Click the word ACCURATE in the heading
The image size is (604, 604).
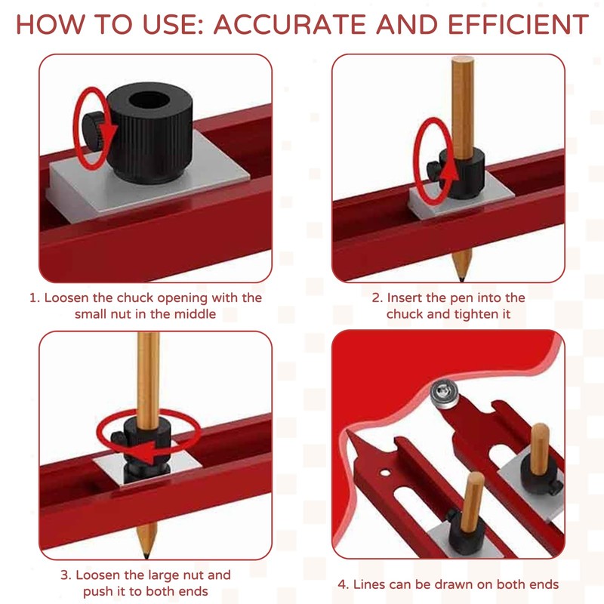291,25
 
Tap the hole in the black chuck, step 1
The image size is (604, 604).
149,100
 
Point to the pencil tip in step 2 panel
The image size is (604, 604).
461,278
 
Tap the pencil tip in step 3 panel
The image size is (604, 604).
146,556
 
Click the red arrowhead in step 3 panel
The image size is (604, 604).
150,451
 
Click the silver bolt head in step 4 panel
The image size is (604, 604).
445,393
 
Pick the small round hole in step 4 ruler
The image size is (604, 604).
385,473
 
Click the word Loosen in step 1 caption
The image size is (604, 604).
67,297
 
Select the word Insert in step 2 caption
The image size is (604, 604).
405,297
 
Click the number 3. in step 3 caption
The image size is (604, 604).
66,575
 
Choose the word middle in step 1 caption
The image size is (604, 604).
196,314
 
